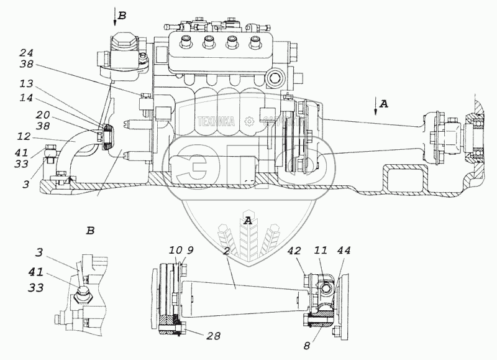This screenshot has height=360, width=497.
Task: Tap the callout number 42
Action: click(x=295, y=251)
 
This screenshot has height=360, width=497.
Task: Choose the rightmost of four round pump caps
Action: click(x=253, y=42)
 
